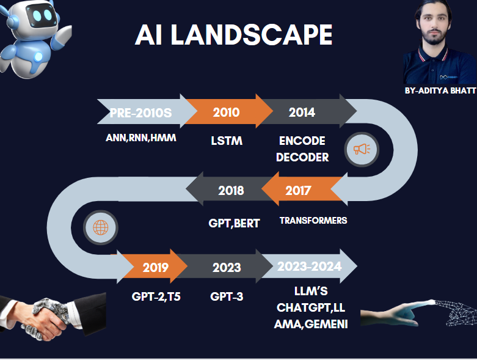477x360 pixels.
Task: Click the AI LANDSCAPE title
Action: point(234,35)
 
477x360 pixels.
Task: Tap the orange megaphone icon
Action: point(362,149)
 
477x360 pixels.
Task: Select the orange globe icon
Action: point(100,227)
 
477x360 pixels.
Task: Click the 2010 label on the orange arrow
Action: point(227,112)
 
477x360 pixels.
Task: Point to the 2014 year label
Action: point(302,112)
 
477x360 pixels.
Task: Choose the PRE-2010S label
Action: point(140,113)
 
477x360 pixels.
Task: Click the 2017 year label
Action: point(298,191)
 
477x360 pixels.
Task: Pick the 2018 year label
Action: point(231,191)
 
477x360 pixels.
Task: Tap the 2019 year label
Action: point(156,268)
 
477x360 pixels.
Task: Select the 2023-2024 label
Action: point(310,266)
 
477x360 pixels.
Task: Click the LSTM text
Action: point(227,141)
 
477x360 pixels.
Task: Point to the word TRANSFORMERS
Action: point(313,220)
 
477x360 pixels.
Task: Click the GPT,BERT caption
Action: point(234,223)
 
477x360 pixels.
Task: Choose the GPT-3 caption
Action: point(227,296)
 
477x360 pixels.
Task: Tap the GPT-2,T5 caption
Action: point(156,296)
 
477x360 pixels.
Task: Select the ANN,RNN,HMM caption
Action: point(141,138)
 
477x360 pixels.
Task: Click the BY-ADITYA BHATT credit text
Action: point(440,90)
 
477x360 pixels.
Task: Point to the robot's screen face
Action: point(42,15)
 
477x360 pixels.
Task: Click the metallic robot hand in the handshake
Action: point(46,317)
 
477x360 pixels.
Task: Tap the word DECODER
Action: point(302,157)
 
